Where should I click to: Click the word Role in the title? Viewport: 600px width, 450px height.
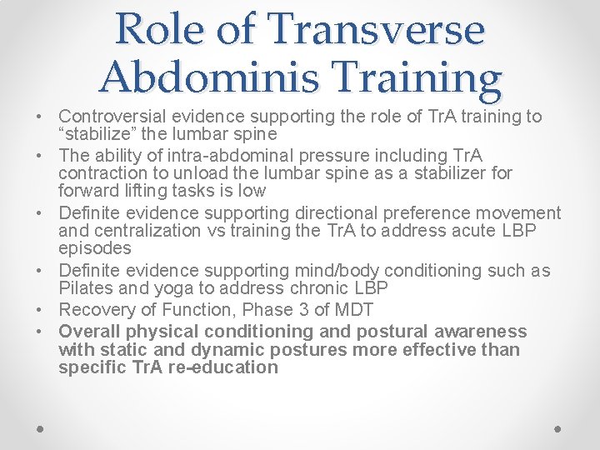coord(162,29)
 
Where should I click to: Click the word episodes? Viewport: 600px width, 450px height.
coord(95,248)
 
